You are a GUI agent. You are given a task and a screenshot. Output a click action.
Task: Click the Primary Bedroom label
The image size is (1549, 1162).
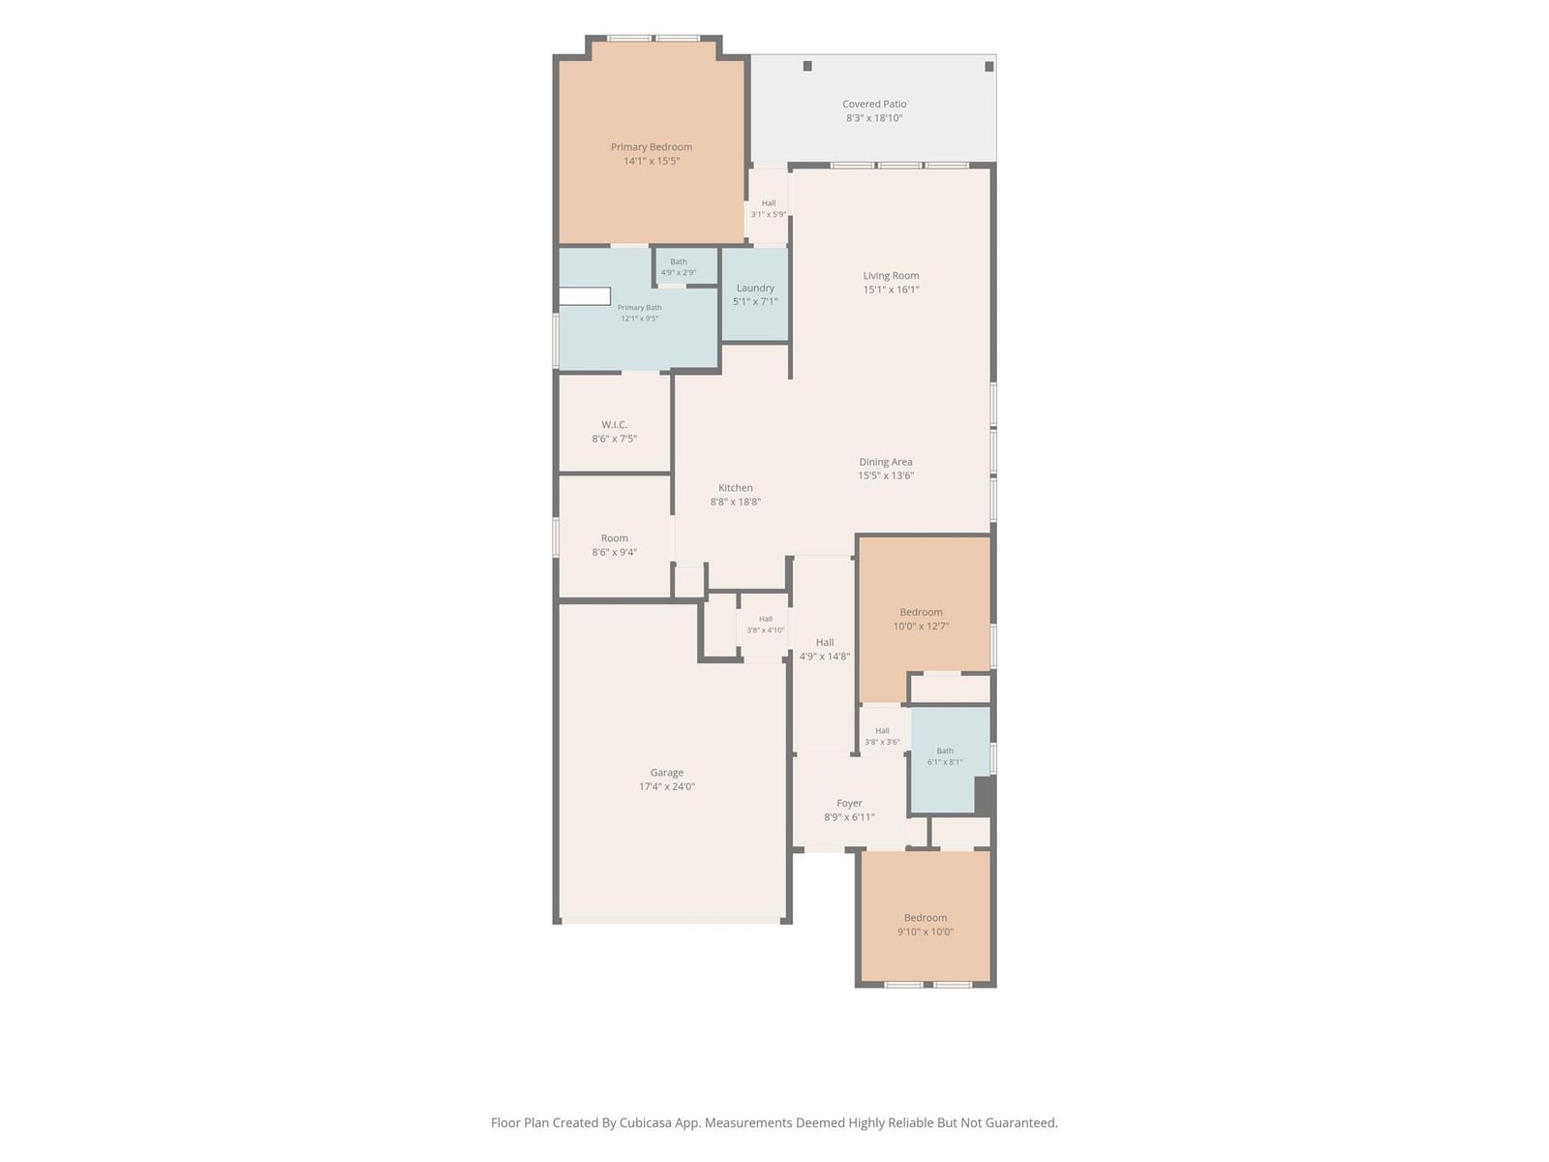651,147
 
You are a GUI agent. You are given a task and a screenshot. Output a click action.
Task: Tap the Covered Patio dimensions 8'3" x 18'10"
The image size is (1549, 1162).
874,118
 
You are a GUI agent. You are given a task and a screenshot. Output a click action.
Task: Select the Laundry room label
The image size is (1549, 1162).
755,288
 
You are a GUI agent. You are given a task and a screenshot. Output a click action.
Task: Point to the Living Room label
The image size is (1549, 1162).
891,275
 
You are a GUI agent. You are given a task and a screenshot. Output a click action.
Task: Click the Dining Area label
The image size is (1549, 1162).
886,462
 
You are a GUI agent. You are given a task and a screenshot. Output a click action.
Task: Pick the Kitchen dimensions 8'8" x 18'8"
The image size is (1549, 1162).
736,502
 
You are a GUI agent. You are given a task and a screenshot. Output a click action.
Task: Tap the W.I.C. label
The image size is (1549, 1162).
614,424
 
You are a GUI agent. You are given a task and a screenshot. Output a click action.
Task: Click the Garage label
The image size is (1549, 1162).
667,773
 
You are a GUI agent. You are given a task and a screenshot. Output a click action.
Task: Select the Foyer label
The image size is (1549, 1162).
849,803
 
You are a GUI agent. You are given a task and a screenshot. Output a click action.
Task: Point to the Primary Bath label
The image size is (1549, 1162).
639,307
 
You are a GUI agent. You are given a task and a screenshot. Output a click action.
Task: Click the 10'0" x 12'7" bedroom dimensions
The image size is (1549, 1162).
921,626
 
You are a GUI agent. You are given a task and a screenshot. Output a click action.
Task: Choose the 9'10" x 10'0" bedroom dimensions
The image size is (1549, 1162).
926,932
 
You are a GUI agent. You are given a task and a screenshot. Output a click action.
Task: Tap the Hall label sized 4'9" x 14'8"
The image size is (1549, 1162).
824,642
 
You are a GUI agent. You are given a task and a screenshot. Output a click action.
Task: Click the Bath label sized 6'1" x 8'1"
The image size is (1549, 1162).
945,750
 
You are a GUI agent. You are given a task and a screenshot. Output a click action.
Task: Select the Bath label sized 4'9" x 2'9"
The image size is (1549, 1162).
679,261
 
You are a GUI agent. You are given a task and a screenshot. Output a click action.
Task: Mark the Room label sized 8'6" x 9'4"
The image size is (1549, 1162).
614,537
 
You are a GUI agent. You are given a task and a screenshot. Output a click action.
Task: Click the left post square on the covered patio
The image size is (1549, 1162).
807,66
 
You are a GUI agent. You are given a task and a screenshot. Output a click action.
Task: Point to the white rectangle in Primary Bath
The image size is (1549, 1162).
585,296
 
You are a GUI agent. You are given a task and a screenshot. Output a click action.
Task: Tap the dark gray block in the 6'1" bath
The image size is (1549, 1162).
984,796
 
